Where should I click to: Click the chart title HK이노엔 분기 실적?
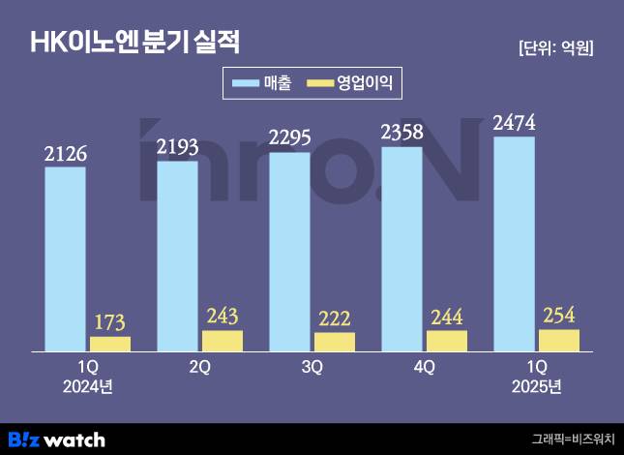[135, 43]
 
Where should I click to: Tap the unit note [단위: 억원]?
[555, 47]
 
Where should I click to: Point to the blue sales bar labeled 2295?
[289, 251]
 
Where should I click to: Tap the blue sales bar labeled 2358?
[401, 248]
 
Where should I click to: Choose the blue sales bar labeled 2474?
[514, 243]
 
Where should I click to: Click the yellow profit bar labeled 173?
[109, 343]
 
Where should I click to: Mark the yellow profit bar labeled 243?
[223, 340]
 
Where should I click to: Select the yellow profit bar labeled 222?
[335, 341]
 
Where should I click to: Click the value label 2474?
[514, 123]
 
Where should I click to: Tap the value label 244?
[446, 318]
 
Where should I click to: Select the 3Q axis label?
[312, 368]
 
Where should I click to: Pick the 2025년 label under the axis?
[535, 386]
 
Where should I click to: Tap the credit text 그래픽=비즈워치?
[572, 439]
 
